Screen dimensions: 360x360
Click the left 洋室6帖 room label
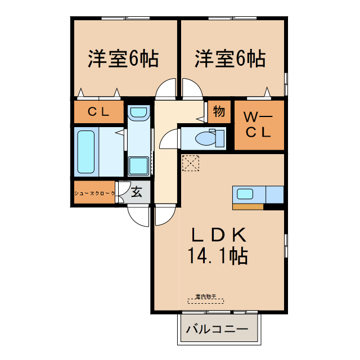[x=123, y=58]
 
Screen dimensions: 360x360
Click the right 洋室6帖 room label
[x=231, y=58]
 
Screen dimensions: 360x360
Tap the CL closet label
[x=98, y=111]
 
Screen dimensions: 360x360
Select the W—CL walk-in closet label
[x=258, y=125]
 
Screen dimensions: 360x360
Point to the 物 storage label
[x=219, y=111]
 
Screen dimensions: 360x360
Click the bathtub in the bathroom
[x=86, y=152]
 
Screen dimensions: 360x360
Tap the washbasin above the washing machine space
[x=138, y=113]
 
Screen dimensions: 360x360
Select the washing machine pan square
[x=138, y=166]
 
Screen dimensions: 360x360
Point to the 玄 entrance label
[x=137, y=192]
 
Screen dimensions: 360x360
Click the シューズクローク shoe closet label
[x=94, y=193]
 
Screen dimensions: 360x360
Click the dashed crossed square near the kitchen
[x=191, y=163]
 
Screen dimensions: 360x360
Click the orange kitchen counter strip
[x=247, y=206]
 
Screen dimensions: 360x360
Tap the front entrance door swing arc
[x=138, y=215]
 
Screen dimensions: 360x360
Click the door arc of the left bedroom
[x=166, y=89]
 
